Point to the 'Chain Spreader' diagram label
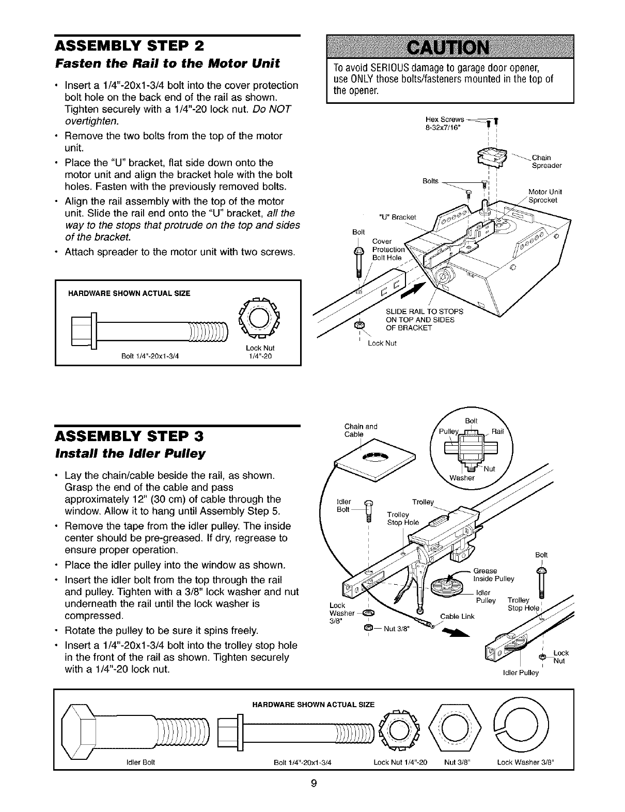click(x=546, y=162)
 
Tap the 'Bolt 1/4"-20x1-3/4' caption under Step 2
click(x=149, y=355)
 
